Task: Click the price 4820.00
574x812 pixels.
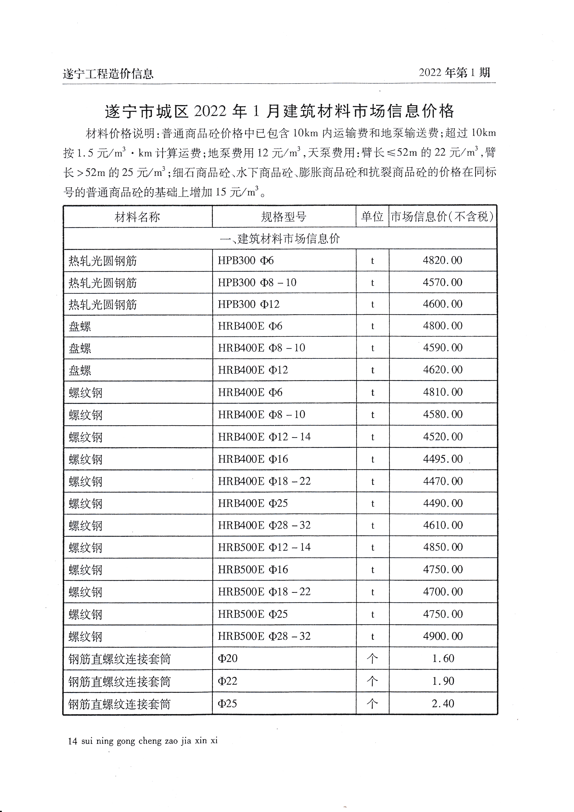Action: (x=443, y=261)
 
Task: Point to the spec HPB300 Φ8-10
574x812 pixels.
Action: (x=257, y=283)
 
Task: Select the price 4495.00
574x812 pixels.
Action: (x=443, y=459)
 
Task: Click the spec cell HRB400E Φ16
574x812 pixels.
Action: (x=253, y=459)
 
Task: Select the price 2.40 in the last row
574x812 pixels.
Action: (x=443, y=703)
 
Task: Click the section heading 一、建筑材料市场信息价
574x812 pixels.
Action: (x=280, y=239)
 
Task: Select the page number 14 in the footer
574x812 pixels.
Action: (x=72, y=741)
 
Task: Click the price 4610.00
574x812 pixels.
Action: (x=443, y=525)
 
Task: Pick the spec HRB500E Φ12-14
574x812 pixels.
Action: (x=264, y=547)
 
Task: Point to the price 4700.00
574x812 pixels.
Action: (x=443, y=592)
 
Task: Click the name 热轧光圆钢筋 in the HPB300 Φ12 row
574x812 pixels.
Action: (x=103, y=305)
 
